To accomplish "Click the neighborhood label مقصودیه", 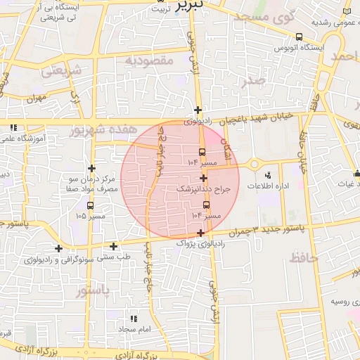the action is pos(148,61).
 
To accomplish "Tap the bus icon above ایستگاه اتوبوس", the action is pos(300,37).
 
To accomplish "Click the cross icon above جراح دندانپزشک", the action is pos(203,179).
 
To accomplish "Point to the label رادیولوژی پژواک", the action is pos(201,243).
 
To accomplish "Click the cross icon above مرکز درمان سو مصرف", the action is pos(91,168).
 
